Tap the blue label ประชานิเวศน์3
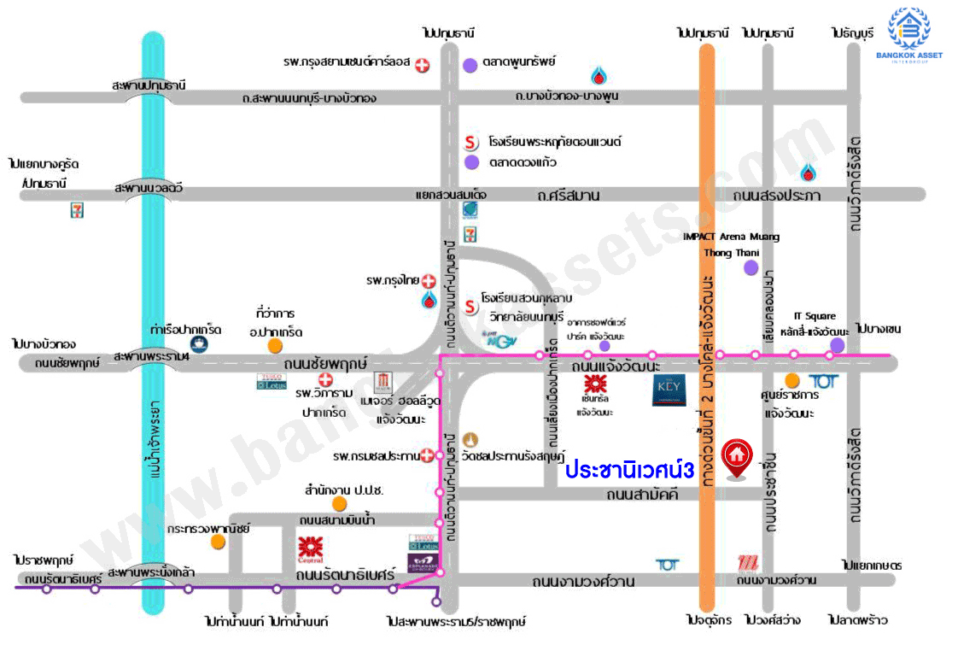628,470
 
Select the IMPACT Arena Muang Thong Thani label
731,244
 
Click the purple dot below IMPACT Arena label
751,268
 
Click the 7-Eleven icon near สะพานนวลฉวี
77,210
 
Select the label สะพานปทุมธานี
149,85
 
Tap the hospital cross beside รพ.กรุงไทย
429,280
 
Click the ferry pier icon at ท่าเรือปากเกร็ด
199,344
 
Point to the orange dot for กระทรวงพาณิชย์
219,541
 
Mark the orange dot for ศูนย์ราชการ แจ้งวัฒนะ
792,380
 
